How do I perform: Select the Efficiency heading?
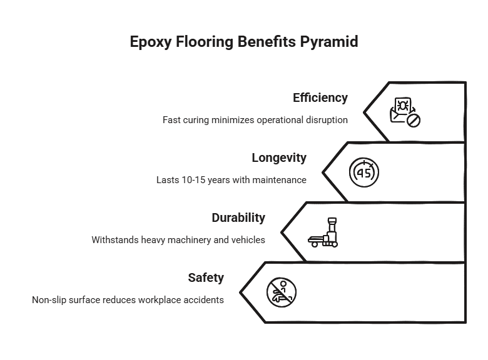coord(320,98)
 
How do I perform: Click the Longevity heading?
coord(279,157)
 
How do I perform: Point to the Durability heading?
coord(238,217)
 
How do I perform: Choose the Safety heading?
coord(206,277)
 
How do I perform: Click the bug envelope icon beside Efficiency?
coord(403,111)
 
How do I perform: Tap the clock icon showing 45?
coord(363,171)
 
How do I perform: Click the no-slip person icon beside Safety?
coord(282,292)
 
